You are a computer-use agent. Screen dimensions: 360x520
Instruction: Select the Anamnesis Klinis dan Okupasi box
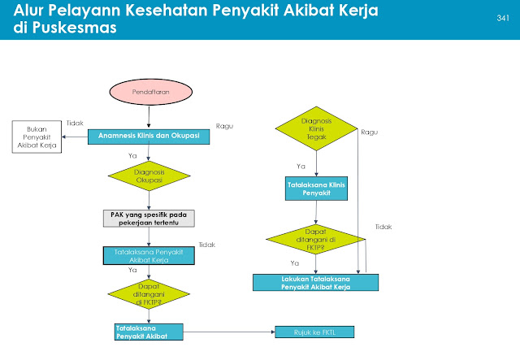pos(149,136)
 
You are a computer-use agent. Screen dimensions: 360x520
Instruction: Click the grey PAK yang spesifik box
pos(149,217)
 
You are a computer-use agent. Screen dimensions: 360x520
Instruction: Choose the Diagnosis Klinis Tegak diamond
pos(316,129)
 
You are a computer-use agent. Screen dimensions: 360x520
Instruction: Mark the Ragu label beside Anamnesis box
pos(225,126)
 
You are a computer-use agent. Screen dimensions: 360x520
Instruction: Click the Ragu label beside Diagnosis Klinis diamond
pos(370,132)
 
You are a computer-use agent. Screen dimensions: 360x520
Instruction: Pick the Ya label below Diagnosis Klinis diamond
pos(300,166)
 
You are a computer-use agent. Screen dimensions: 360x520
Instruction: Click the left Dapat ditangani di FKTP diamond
pos(149,293)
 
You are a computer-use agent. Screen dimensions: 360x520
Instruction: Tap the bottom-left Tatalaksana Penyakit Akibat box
pos(149,331)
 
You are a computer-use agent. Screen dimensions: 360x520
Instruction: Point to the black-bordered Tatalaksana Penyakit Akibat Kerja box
pos(149,255)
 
